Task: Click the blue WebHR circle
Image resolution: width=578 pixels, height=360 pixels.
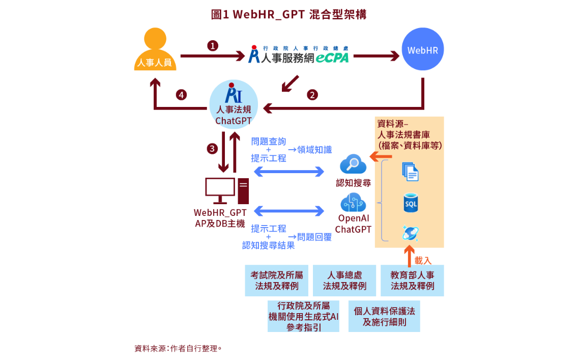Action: (422, 49)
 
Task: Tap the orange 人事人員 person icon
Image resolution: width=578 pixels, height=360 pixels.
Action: (155, 50)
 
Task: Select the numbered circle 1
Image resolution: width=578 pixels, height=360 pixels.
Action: (213, 46)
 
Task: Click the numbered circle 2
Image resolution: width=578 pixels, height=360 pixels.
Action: (312, 95)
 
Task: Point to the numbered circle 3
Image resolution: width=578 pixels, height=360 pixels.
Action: (212, 149)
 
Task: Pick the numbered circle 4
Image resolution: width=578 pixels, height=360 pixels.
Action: (181, 95)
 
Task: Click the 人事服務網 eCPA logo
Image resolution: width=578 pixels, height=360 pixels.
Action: (299, 54)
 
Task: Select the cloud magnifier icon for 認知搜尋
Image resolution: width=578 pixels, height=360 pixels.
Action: (353, 164)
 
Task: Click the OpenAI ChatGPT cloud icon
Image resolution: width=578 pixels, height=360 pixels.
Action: (353, 202)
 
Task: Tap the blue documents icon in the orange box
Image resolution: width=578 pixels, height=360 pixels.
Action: (410, 171)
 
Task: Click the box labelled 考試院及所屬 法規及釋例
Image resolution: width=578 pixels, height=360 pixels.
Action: (276, 281)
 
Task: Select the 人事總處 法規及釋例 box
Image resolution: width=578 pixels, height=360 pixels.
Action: (344, 281)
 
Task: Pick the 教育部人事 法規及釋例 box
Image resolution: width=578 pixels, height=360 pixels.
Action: (412, 281)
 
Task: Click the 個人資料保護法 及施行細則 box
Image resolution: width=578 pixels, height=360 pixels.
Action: (384, 316)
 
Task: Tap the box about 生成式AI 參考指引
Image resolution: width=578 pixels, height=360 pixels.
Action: (303, 316)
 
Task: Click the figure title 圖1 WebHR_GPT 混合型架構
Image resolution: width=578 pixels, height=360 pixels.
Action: (288, 14)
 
